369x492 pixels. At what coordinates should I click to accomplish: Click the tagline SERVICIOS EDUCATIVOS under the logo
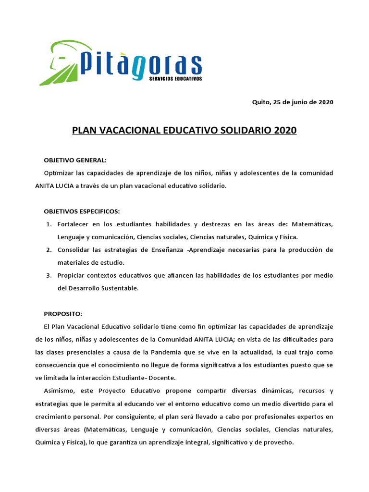pos(176,78)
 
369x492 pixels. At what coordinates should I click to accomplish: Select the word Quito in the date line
pos(261,102)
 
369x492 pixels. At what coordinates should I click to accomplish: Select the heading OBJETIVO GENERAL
pos(75,160)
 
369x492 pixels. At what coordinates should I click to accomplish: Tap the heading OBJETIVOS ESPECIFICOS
pos(82,211)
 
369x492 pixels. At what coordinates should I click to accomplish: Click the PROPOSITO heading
pos(63,314)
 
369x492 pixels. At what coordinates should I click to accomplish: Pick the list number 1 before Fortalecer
pos(49,224)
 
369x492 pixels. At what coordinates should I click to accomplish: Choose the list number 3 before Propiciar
pos(49,275)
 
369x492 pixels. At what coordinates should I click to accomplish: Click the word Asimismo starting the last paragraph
pos(59,391)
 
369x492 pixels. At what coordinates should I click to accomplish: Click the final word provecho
pos(279,442)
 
